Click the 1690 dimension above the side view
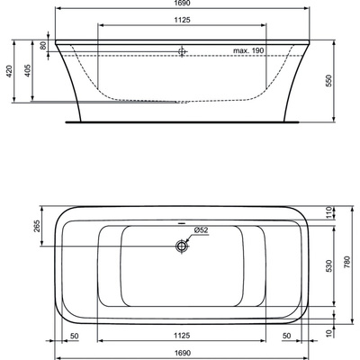click(182, 3)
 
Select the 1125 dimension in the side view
click(182, 20)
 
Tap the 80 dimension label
click(43, 46)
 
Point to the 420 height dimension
click(10, 71)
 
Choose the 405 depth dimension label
click(28, 70)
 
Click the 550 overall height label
click(329, 81)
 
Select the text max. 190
click(248, 50)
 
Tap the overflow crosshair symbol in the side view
click(182, 51)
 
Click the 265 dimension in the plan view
click(37, 226)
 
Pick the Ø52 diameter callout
click(201, 230)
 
